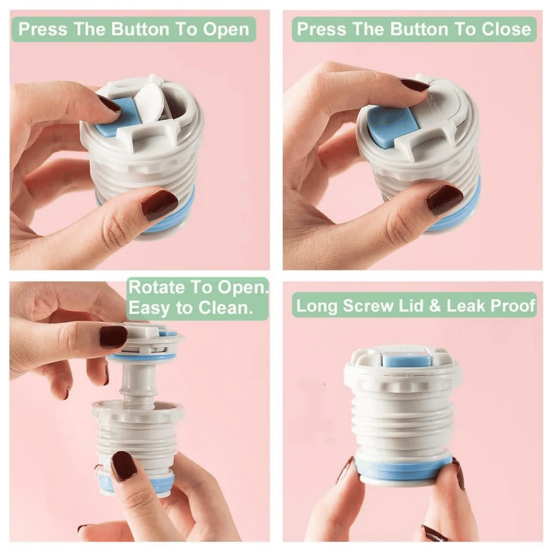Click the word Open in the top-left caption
tap(226, 30)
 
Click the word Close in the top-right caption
tap(506, 29)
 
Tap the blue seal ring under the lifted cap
tap(142, 356)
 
